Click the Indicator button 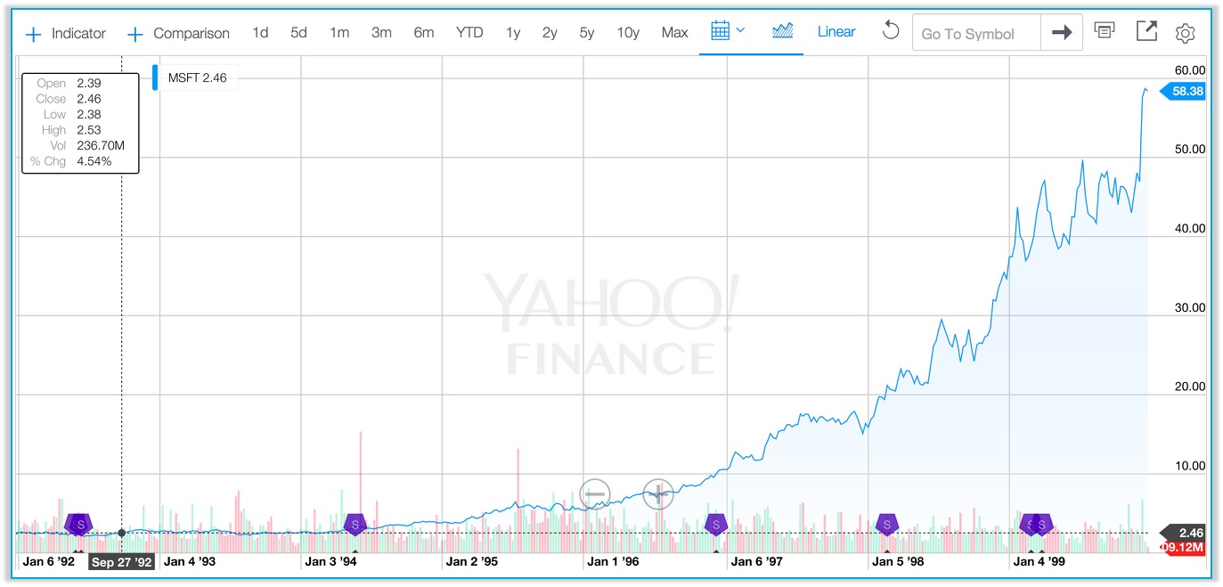pos(67,34)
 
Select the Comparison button pos(179,34)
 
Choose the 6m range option pos(423,33)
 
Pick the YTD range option pos(469,33)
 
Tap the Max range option pos(674,33)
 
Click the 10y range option pos(628,33)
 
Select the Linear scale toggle pos(836,32)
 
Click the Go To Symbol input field pos(975,34)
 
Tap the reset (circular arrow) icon pos(890,31)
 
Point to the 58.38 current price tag pos(1185,91)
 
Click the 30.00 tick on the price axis pos(1190,307)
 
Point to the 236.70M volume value pos(101,146)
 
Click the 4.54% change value pos(94,161)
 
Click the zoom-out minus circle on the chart pos(594,493)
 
